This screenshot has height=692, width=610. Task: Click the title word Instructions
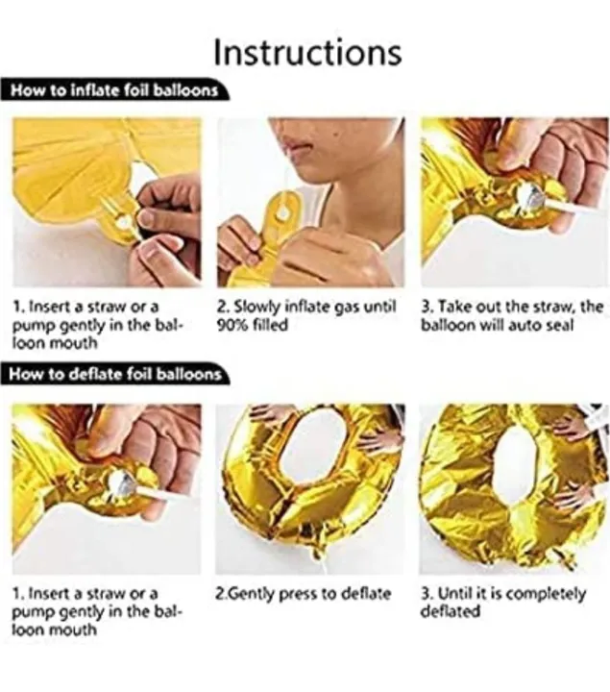(307, 53)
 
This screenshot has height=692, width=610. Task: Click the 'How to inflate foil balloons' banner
(114, 90)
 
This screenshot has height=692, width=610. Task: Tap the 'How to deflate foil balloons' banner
(115, 374)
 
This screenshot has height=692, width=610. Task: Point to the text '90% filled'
(253, 325)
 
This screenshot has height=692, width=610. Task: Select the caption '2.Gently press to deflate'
(304, 594)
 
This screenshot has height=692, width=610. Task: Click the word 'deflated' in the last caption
(450, 611)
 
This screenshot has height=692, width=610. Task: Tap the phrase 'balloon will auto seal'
(497, 325)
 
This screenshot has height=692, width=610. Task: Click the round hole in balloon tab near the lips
(284, 212)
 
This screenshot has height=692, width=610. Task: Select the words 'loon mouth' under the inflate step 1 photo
(54, 343)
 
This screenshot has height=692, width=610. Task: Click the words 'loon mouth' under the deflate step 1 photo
(54, 630)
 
